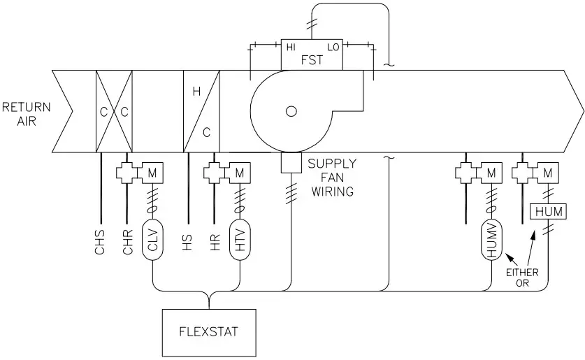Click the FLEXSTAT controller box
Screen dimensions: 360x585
(208, 331)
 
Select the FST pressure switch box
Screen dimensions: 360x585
(312, 54)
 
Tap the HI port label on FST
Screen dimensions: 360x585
(292, 47)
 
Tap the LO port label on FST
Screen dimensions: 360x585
(332, 47)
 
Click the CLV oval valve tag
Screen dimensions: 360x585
(152, 241)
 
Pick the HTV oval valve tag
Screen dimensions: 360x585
(240, 241)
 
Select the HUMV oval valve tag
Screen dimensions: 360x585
(491, 241)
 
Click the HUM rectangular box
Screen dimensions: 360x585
(548, 210)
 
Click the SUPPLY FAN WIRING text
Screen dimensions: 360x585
(333, 177)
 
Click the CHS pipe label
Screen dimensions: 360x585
(100, 242)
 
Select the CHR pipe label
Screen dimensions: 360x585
(127, 242)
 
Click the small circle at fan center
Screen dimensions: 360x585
(291, 110)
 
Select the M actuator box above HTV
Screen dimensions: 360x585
(240, 171)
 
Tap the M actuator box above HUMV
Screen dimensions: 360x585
(491, 171)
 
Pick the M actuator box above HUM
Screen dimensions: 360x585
(547, 171)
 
